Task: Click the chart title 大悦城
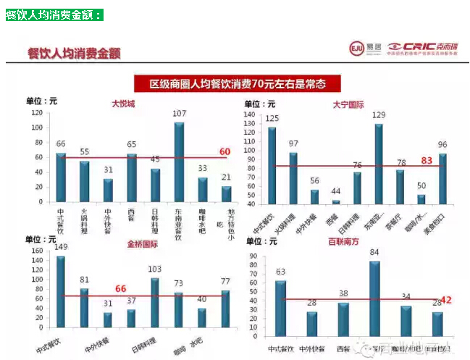click(x=122, y=104)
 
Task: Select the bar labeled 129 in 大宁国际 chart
click(x=378, y=164)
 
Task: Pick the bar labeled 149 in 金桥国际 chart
click(x=60, y=293)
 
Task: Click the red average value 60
click(x=224, y=151)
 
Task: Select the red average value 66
click(x=120, y=288)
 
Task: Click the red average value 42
click(x=446, y=298)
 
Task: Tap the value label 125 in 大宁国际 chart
click(x=272, y=118)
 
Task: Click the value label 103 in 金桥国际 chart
click(x=154, y=269)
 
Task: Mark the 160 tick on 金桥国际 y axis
click(x=38, y=251)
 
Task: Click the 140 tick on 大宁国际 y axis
click(x=250, y=114)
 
